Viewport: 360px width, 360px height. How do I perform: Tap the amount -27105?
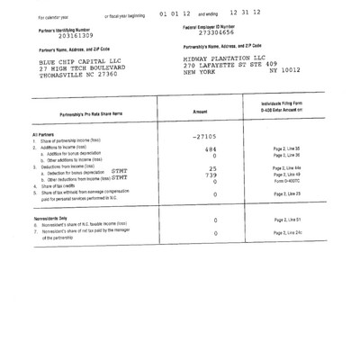204,137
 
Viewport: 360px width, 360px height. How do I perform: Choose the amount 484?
210,149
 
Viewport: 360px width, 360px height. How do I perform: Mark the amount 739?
211,175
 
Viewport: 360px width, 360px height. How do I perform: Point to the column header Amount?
206,112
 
